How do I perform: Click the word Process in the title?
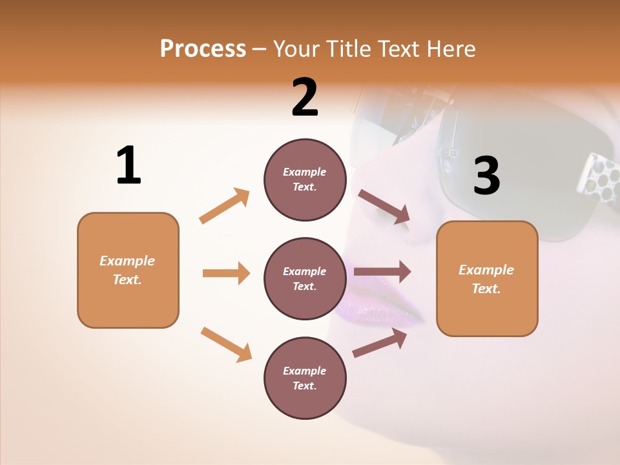(x=203, y=48)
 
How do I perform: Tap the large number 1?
(x=129, y=165)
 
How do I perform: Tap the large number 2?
(x=305, y=98)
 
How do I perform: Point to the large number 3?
(x=486, y=176)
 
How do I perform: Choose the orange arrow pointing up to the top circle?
(x=225, y=205)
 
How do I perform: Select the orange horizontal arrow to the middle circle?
(x=226, y=273)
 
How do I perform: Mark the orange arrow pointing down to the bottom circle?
(x=226, y=344)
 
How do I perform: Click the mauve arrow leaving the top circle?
(x=384, y=207)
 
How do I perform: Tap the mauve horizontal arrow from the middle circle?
(x=382, y=271)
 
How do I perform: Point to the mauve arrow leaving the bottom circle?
(x=380, y=343)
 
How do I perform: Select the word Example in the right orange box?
(x=486, y=270)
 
